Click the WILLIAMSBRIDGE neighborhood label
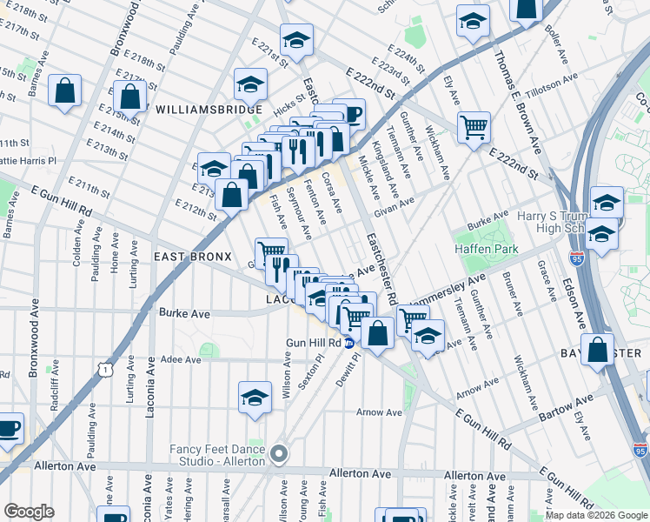click(x=209, y=110)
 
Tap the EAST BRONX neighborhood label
click(x=192, y=257)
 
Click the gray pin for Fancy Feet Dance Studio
click(x=278, y=453)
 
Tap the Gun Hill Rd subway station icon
click(x=348, y=343)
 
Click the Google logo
click(x=29, y=512)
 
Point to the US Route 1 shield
click(x=105, y=371)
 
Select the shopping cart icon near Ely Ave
click(x=474, y=127)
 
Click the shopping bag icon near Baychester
click(x=599, y=350)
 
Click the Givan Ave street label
click(x=395, y=207)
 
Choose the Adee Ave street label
click(x=181, y=358)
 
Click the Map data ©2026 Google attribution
click(x=595, y=515)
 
